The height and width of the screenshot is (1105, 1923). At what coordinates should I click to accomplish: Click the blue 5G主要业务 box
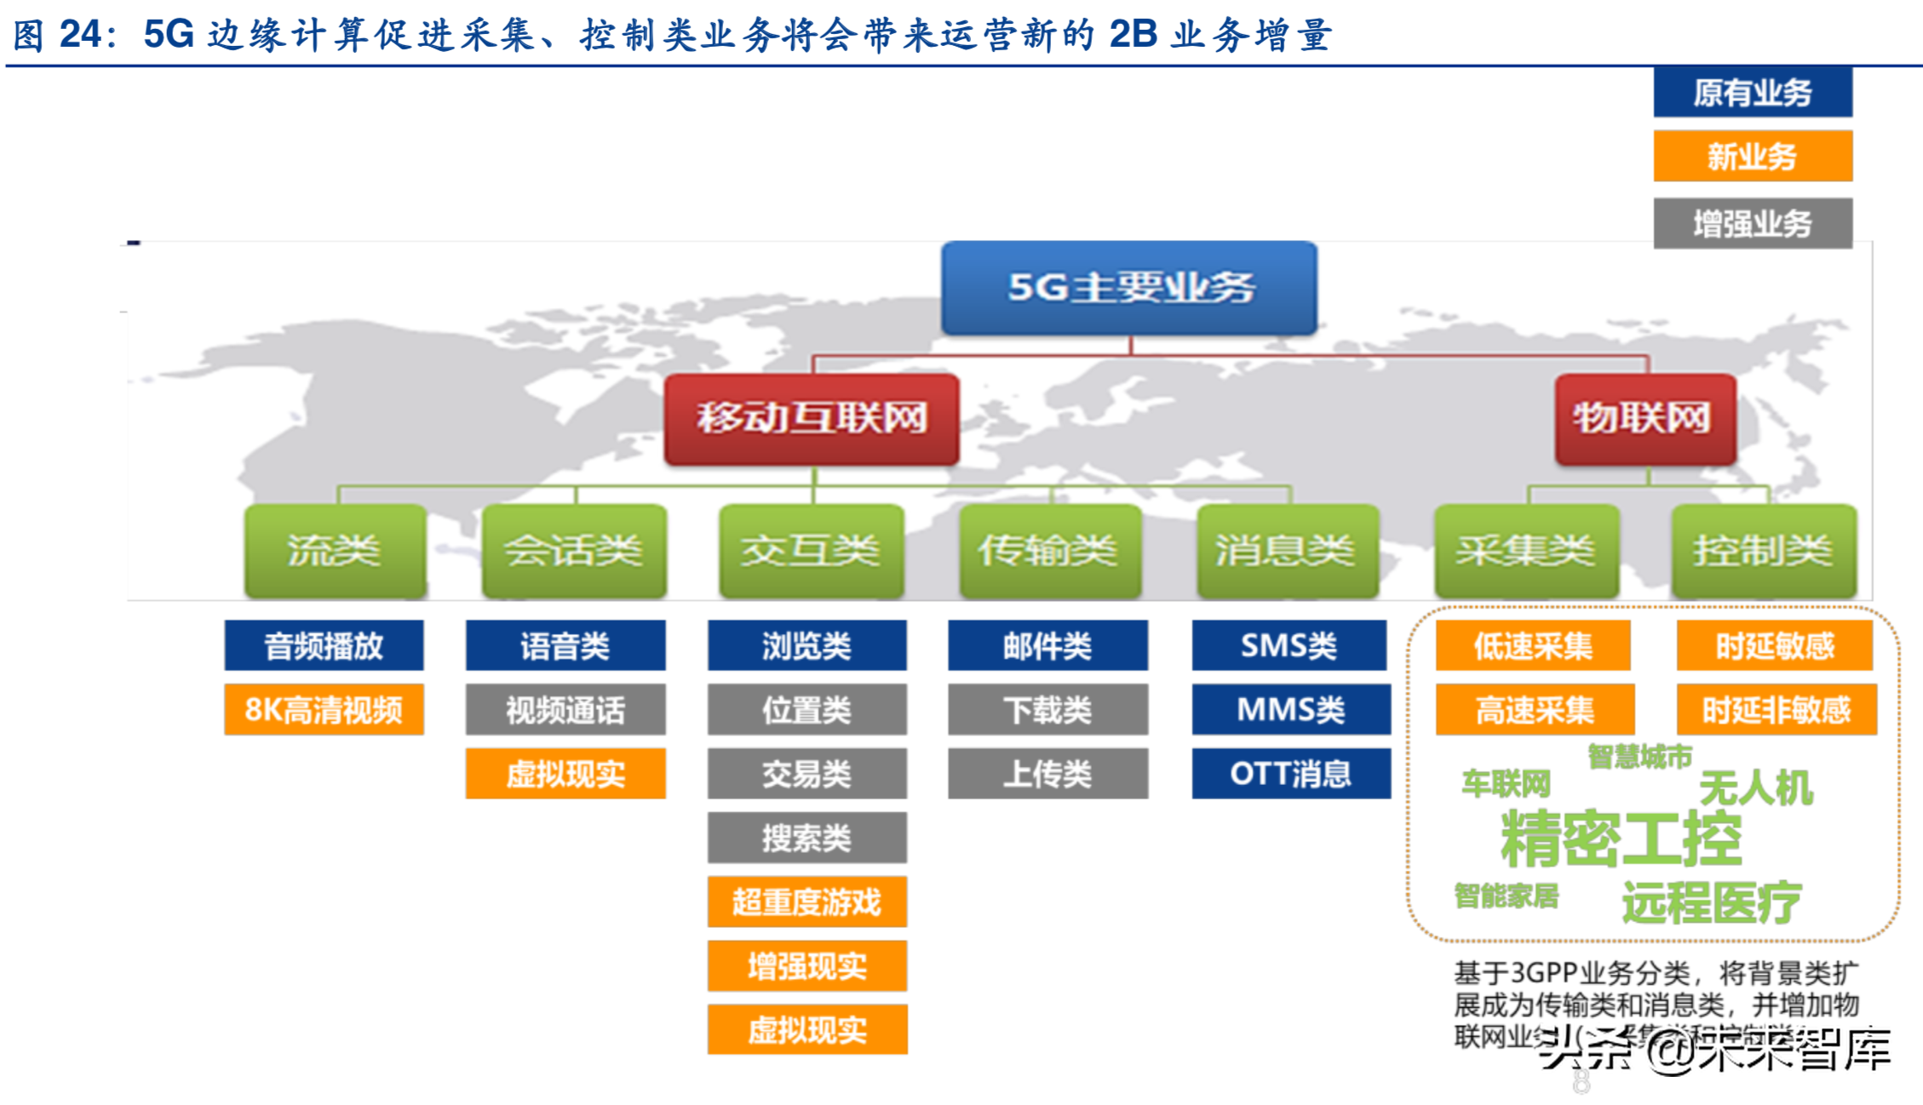click(x=1129, y=288)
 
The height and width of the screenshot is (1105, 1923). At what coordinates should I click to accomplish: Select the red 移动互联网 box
click(x=812, y=418)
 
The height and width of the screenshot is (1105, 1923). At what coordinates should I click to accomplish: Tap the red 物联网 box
click(x=1645, y=418)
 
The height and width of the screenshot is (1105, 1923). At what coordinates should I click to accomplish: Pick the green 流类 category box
click(x=335, y=551)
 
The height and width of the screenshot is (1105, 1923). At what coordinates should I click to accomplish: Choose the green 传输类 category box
click(x=1049, y=551)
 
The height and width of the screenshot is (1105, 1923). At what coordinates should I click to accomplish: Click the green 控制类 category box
click(x=1763, y=551)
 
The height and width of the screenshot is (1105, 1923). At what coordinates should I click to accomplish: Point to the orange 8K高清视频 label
click(x=324, y=709)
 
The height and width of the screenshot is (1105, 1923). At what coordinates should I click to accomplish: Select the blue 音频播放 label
click(x=324, y=645)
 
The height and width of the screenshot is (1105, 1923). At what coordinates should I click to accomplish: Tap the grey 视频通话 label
click(x=565, y=709)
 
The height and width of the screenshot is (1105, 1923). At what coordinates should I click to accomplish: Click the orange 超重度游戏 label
click(x=807, y=902)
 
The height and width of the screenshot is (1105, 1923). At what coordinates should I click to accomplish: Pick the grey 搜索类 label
click(x=807, y=838)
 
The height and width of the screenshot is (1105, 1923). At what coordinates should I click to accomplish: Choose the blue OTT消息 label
click(x=1290, y=773)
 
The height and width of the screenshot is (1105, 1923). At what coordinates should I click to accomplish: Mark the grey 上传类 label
click(x=1048, y=773)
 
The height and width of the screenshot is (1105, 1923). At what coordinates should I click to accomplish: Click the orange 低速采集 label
click(x=1533, y=645)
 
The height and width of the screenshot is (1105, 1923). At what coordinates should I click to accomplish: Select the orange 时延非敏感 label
click(x=1777, y=709)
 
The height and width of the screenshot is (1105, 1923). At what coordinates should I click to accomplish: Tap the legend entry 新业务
click(x=1753, y=156)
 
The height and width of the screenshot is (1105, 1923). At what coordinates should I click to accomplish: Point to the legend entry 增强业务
click(x=1753, y=223)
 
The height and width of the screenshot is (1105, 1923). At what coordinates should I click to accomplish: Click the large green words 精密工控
click(x=1621, y=839)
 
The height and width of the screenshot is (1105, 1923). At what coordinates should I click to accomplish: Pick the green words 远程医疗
click(x=1712, y=902)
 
